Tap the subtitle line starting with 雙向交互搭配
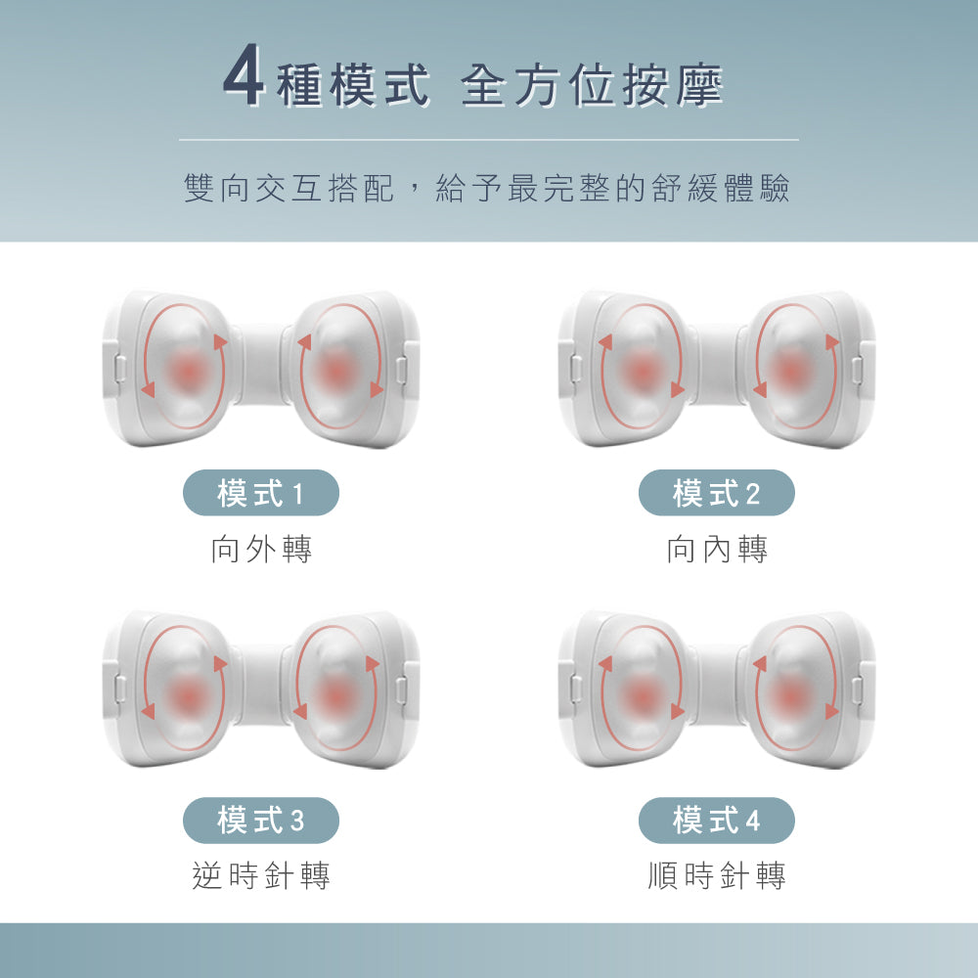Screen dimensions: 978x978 486,189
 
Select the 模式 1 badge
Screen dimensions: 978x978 261,493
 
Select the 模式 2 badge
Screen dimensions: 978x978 716,493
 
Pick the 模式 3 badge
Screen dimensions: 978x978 261,821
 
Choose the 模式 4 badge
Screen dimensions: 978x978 716,821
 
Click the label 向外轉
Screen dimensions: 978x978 261,550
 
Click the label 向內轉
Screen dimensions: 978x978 717,550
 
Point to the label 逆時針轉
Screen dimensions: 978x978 261,875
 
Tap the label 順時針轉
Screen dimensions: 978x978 717,875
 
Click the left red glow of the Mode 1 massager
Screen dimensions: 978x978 186,370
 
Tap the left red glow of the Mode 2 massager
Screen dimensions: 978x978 642,370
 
